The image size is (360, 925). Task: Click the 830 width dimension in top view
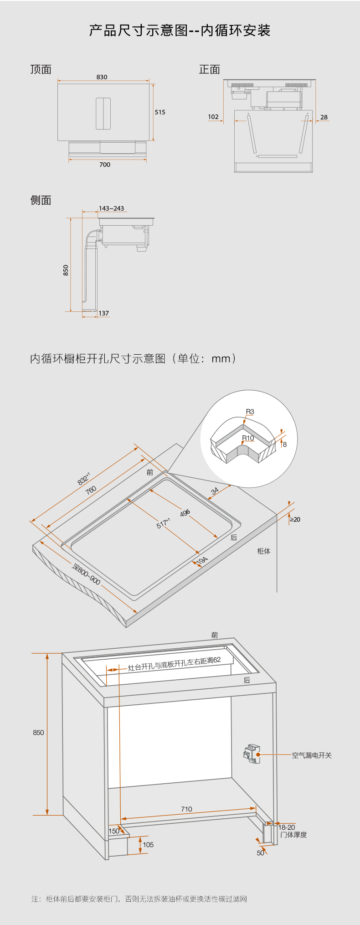click(x=102, y=77)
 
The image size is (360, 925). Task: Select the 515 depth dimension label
click(x=160, y=112)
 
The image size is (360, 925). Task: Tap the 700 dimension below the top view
click(x=105, y=165)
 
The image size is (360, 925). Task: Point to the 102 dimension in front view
click(x=213, y=117)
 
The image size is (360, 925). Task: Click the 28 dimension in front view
click(x=324, y=117)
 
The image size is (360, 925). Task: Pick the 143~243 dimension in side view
click(x=112, y=208)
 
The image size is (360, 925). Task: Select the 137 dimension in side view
click(x=104, y=313)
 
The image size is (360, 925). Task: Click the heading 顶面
click(x=41, y=69)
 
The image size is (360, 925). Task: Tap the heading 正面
click(x=210, y=69)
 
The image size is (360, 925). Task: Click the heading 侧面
click(x=41, y=200)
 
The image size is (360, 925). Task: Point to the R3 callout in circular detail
click(x=250, y=412)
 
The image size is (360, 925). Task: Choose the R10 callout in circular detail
click(x=248, y=438)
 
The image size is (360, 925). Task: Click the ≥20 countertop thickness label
click(x=295, y=519)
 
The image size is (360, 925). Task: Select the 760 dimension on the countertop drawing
click(x=91, y=490)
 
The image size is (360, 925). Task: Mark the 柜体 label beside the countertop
click(x=264, y=551)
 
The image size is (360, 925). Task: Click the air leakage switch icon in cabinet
click(x=252, y=754)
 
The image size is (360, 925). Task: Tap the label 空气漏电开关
click(x=312, y=755)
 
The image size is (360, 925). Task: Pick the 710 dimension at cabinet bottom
click(x=186, y=809)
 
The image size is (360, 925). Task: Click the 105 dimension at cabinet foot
click(x=148, y=845)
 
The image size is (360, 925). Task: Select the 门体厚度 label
click(x=294, y=835)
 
